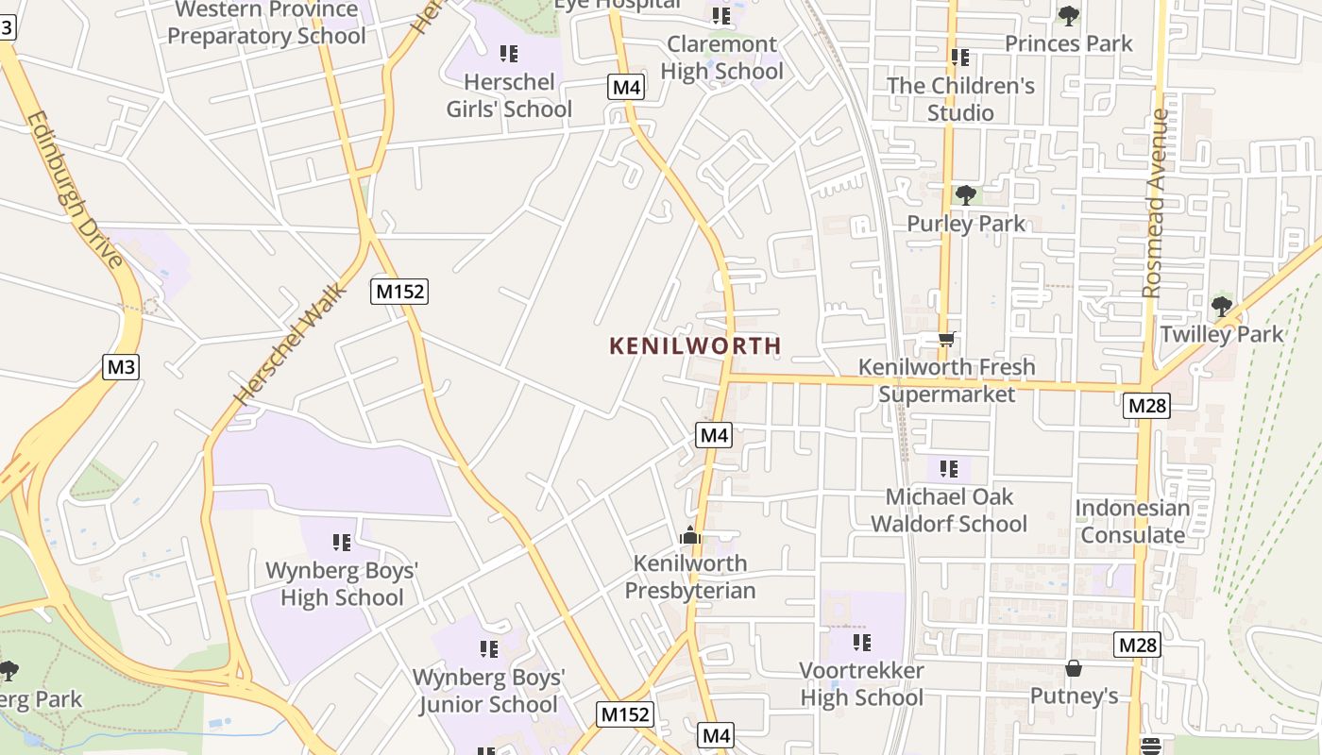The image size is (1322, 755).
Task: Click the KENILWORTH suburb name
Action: [x=695, y=345]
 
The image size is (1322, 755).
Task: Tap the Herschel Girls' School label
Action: [x=509, y=95]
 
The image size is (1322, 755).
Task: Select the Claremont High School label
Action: [x=722, y=58]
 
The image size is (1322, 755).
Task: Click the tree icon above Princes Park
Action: [x=1069, y=15]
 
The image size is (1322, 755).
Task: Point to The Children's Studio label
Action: [x=960, y=99]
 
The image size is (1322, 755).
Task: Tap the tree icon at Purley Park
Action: [x=965, y=195]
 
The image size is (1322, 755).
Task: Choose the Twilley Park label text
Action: [x=1222, y=334]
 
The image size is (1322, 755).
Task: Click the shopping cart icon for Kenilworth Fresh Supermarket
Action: [x=946, y=339]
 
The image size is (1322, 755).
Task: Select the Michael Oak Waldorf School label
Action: [x=949, y=510]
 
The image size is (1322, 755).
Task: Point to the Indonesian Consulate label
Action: [x=1132, y=521]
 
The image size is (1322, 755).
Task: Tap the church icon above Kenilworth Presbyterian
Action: [x=690, y=535]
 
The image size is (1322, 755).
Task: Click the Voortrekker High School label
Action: [x=862, y=684]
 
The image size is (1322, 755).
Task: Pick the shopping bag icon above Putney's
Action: [x=1074, y=669]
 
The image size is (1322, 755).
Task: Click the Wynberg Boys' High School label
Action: [x=342, y=583]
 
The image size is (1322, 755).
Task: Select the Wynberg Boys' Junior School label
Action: [x=488, y=691]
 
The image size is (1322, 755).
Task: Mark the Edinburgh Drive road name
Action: [x=75, y=189]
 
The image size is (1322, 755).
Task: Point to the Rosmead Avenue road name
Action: [x=1155, y=203]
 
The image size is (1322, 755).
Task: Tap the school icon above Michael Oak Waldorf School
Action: [x=949, y=468]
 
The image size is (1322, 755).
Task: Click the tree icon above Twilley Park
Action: [x=1222, y=306]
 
